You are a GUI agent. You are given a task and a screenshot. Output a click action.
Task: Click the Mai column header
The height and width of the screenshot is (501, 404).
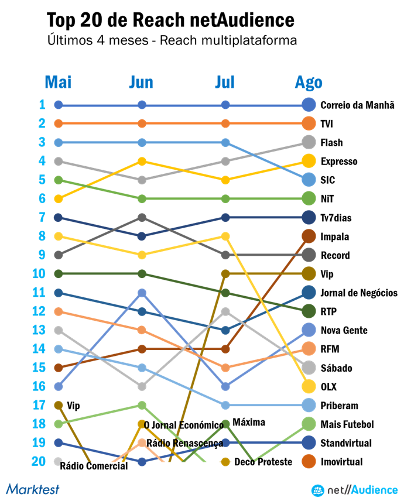click(58, 83)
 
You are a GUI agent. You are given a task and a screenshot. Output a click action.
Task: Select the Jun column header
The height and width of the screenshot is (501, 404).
click(141, 83)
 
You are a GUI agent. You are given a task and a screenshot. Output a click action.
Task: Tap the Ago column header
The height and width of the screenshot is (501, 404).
click(309, 83)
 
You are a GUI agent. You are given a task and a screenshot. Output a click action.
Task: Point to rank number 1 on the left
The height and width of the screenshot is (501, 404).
click(42, 105)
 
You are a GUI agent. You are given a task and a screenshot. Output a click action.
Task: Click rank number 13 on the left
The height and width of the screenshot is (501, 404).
click(39, 330)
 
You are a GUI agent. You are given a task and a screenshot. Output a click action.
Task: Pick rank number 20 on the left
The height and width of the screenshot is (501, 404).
click(39, 461)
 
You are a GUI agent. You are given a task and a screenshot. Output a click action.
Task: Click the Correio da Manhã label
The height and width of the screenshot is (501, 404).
click(357, 105)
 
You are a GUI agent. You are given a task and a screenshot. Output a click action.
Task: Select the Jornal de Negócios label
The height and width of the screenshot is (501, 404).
click(359, 293)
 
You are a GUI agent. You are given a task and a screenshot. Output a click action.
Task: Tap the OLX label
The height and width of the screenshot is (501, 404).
click(328, 387)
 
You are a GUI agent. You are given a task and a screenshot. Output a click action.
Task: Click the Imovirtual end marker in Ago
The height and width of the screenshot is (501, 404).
click(309, 462)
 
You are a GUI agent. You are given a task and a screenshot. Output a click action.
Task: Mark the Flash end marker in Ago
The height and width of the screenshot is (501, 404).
click(309, 142)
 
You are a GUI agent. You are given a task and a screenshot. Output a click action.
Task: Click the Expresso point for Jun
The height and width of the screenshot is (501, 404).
click(142, 161)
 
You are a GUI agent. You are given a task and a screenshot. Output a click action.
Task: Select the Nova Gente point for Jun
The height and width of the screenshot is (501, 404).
click(142, 292)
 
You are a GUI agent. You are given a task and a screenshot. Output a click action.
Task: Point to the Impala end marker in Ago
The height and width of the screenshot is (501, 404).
click(309, 236)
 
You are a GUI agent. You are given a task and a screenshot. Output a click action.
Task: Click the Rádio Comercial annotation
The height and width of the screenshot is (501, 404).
click(94, 466)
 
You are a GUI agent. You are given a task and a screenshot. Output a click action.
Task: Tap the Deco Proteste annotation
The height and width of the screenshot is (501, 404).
click(263, 462)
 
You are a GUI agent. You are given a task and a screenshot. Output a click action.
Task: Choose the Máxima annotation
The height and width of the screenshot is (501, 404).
click(248, 422)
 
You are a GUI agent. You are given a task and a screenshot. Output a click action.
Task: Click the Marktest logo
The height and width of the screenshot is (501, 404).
click(33, 489)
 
